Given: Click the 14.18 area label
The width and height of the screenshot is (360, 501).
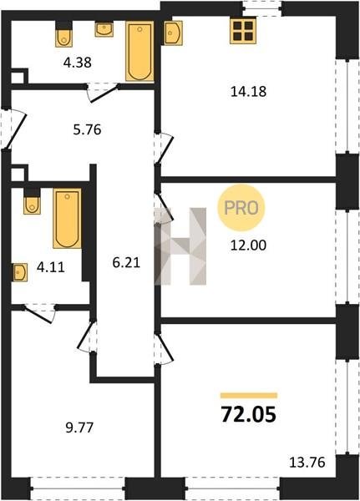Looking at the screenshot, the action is pos(248,92).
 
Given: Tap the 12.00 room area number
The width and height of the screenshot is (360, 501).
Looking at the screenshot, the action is pos(248,245).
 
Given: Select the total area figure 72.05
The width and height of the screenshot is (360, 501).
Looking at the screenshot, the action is pos(249,414).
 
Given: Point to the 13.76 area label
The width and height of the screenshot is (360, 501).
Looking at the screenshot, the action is pos(307,463).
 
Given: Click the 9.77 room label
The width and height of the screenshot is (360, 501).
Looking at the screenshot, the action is pos(79,428).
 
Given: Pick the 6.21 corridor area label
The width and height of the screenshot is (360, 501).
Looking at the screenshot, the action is pos(127,263).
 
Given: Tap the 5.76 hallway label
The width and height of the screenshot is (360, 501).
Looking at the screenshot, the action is pos(87,129).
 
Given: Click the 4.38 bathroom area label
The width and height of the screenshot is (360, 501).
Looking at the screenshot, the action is pos(78,63).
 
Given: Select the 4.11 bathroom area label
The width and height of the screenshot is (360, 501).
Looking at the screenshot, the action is pos(50,267).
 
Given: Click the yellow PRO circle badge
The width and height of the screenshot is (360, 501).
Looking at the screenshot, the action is pos(241,208).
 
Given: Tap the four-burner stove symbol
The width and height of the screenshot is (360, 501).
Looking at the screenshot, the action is pos(243,31).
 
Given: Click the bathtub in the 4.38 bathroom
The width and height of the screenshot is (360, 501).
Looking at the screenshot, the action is pos(139,51).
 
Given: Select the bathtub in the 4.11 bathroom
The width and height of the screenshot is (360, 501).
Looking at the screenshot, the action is pos(67,218).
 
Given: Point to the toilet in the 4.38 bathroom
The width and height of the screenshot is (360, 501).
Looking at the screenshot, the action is pos(64,34).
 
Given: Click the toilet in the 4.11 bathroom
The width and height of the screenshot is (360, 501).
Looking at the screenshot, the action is pos(32,201).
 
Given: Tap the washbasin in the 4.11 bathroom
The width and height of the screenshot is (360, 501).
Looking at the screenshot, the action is pos(20,272).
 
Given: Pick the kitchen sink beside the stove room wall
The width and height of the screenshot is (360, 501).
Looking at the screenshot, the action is pos(173,33).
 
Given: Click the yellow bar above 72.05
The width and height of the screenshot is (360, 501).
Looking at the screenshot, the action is pos(249,396).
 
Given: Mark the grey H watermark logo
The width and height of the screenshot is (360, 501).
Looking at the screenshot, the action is pos(180,246).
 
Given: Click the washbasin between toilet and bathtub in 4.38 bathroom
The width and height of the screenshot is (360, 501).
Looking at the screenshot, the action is pos(104,29).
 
